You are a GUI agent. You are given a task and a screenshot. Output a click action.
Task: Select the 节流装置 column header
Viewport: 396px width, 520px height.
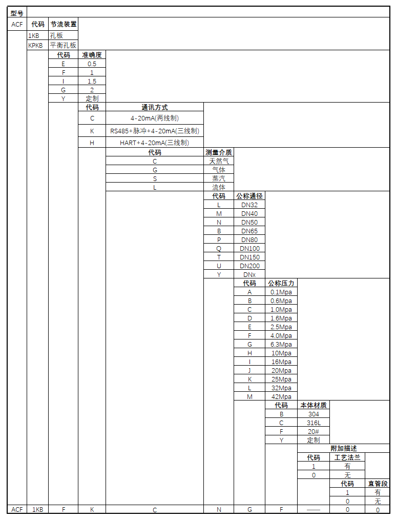point(64,24)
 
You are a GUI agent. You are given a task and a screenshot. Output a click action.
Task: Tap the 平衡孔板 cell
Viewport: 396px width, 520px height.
point(63,45)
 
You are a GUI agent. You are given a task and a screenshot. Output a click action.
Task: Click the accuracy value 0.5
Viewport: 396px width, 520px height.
point(92,64)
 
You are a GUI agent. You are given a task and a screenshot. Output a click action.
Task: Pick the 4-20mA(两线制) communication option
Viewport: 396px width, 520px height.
point(154,118)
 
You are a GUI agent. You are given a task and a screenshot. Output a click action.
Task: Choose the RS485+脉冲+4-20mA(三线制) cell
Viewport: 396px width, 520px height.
point(154,131)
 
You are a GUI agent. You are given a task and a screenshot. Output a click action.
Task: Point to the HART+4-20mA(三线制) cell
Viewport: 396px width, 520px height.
point(154,143)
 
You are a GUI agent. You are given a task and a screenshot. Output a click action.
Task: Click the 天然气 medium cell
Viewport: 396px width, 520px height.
point(219,161)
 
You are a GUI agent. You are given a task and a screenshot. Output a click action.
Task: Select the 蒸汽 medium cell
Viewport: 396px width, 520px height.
point(219,178)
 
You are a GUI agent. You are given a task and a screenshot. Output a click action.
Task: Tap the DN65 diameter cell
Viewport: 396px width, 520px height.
point(249,231)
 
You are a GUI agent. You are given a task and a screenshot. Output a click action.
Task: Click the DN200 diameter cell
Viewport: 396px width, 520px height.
point(249,266)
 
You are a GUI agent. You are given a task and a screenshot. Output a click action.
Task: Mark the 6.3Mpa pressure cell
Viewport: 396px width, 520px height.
point(281,344)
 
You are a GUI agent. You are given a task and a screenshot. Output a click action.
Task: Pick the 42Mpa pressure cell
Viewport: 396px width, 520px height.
point(281,396)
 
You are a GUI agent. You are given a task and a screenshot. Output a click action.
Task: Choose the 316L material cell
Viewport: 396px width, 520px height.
point(314,423)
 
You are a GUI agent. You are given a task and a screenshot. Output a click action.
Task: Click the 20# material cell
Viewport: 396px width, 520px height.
point(314,431)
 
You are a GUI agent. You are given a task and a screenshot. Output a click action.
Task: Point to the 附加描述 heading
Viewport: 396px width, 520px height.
point(344,448)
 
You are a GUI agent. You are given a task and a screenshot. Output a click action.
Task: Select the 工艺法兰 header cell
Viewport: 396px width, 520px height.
point(347,457)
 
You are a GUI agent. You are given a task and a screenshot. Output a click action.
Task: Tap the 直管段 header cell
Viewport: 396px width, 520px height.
point(378,484)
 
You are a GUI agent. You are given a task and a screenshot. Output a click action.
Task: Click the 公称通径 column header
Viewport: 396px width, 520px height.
point(249,196)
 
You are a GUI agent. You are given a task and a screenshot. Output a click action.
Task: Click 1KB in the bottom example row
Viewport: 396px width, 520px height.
point(37,510)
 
